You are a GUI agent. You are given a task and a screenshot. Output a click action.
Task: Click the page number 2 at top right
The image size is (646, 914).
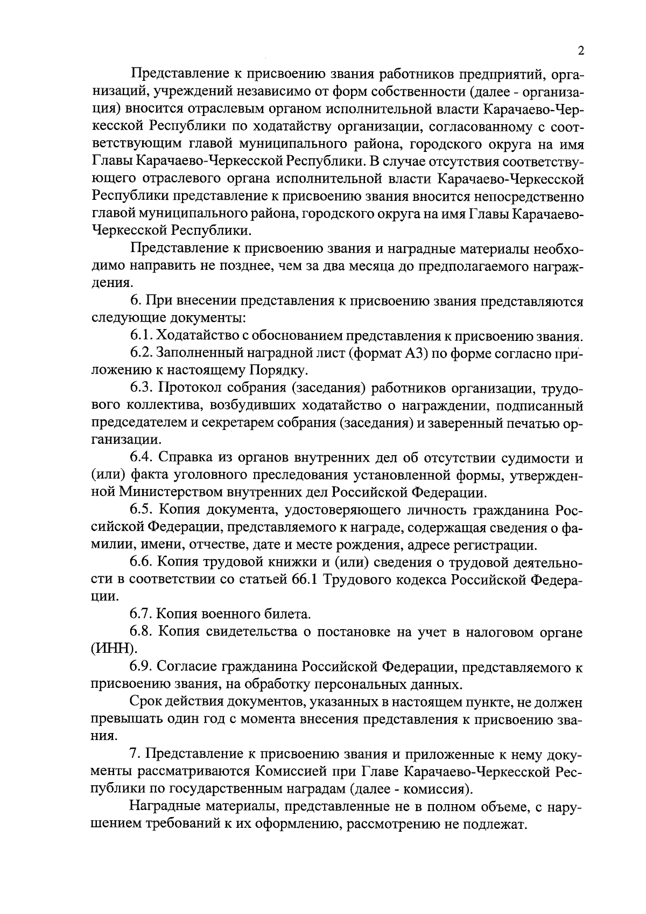tap(580, 51)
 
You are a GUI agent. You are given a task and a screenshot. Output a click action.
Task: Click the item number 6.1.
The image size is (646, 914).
tap(141, 336)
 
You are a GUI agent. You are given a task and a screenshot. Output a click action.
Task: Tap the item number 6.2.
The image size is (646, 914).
tap(141, 354)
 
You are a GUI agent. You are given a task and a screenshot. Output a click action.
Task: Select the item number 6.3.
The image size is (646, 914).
tap(141, 388)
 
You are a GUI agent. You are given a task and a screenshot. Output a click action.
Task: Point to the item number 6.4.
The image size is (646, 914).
tap(141, 458)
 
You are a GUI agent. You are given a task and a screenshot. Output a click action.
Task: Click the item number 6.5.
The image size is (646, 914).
tap(141, 510)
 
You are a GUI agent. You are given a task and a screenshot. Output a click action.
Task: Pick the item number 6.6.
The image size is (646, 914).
tap(141, 562)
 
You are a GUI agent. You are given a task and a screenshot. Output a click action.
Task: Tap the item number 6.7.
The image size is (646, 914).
tap(141, 614)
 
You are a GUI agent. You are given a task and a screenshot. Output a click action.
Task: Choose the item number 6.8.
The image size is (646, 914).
tap(141, 632)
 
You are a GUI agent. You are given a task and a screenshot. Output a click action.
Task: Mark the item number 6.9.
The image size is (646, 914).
tap(141, 667)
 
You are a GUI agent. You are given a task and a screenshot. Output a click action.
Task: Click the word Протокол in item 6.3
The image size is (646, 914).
tap(187, 388)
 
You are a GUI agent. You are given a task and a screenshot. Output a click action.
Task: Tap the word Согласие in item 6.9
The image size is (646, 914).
tap(183, 667)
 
